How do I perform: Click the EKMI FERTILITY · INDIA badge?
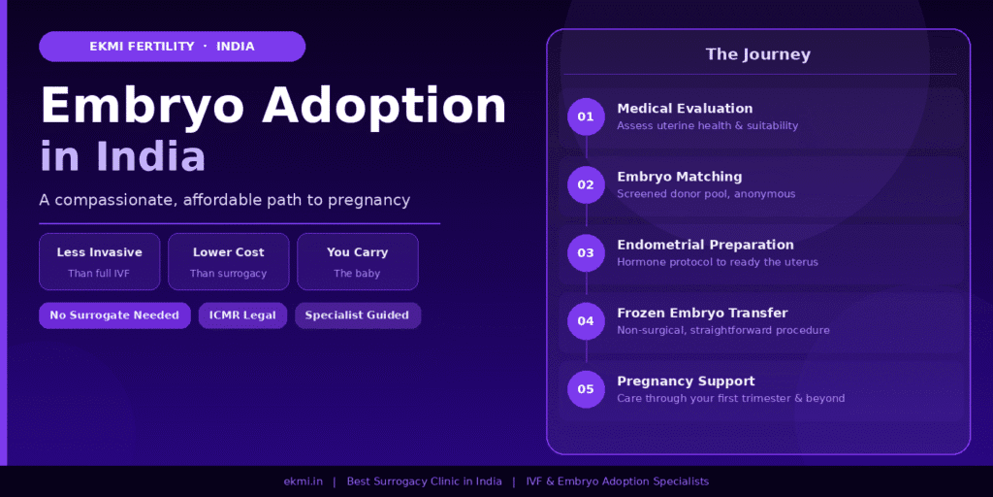coord(172,47)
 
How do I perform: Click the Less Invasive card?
coord(99,261)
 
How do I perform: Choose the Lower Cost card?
coord(228,261)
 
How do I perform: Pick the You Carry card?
coord(357,261)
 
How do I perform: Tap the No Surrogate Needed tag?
coord(114,315)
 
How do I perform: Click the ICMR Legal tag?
coord(242,315)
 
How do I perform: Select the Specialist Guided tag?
coord(357,315)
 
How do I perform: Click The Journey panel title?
coord(757,54)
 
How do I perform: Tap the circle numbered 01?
coord(586,116)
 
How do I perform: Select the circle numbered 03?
coord(586,252)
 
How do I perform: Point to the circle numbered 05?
coord(586,389)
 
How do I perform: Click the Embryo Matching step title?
coord(679,177)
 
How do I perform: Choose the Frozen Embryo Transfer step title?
coord(701,313)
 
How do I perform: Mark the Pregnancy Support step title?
coord(685,381)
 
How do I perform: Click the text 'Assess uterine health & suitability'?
coord(707,126)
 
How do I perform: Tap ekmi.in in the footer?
coord(303,481)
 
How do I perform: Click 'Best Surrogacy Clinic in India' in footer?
coord(424,481)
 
